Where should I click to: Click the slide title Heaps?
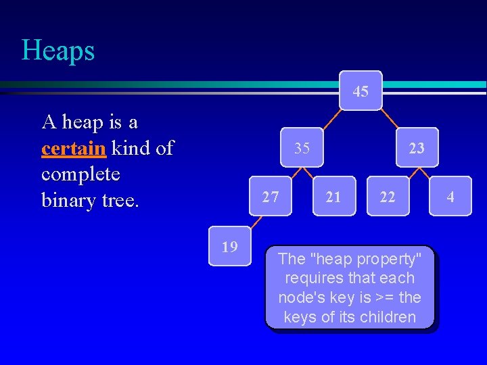pyautogui.click(x=58, y=51)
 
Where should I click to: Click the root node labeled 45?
pyautogui.click(x=361, y=91)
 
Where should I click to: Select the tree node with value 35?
pyautogui.click(x=302, y=147)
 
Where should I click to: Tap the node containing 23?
pyautogui.click(x=417, y=147)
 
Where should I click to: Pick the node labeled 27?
pyautogui.click(x=271, y=197)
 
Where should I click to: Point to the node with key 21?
pyautogui.click(x=333, y=197)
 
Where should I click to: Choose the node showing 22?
pyautogui.click(x=388, y=197)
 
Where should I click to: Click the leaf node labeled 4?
pyautogui.click(x=450, y=197)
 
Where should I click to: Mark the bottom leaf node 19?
pyautogui.click(x=230, y=246)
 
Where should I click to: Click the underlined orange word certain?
pyautogui.click(x=73, y=148)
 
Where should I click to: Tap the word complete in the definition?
pyautogui.click(x=80, y=174)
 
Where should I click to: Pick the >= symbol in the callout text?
pyautogui.click(x=388, y=298)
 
